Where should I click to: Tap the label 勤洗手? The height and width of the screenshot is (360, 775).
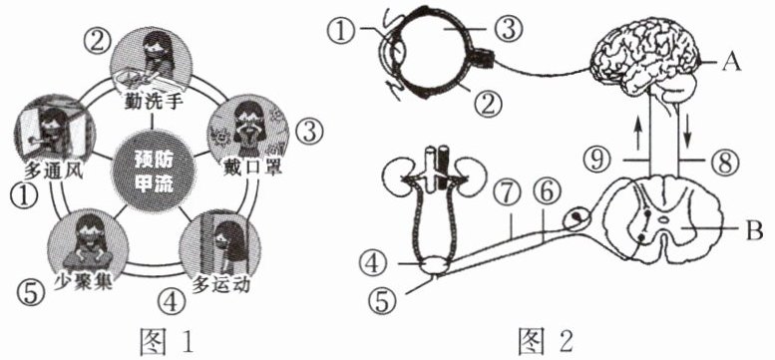point(153,105)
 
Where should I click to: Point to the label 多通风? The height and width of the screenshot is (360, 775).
point(53,174)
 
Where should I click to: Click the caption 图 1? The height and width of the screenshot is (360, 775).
point(167,340)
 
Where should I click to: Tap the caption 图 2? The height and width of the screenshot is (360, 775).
point(546,340)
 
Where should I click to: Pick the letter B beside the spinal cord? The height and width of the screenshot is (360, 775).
point(754,229)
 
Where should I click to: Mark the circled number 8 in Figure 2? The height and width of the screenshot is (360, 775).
point(725,161)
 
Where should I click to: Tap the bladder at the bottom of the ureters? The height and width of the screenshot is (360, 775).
point(434,266)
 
